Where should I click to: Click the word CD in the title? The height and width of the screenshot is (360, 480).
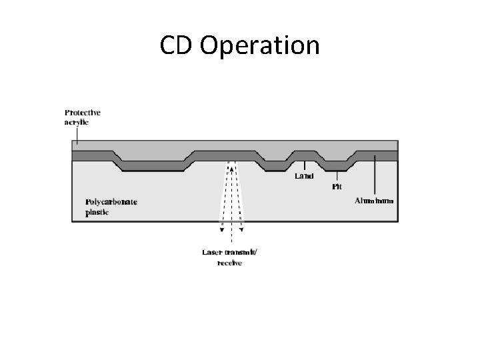(176, 45)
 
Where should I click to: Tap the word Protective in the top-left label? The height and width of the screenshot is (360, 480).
(83, 112)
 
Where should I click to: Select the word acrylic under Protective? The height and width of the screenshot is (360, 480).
(77, 122)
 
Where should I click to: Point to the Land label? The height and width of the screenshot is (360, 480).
(304, 177)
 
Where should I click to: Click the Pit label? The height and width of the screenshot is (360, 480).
(337, 187)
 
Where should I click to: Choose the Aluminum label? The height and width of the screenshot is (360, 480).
(374, 200)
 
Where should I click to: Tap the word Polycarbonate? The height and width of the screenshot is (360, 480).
(111, 201)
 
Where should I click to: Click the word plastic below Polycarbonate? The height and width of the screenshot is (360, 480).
(96, 213)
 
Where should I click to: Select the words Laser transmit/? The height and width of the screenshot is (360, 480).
(231, 252)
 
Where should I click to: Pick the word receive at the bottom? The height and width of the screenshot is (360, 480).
(230, 263)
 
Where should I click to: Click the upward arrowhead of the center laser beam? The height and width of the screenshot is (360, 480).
(231, 169)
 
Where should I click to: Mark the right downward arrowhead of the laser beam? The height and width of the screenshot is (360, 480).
(242, 230)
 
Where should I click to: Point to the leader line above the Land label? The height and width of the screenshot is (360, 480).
(305, 165)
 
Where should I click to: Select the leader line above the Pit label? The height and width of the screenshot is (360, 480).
(337, 175)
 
